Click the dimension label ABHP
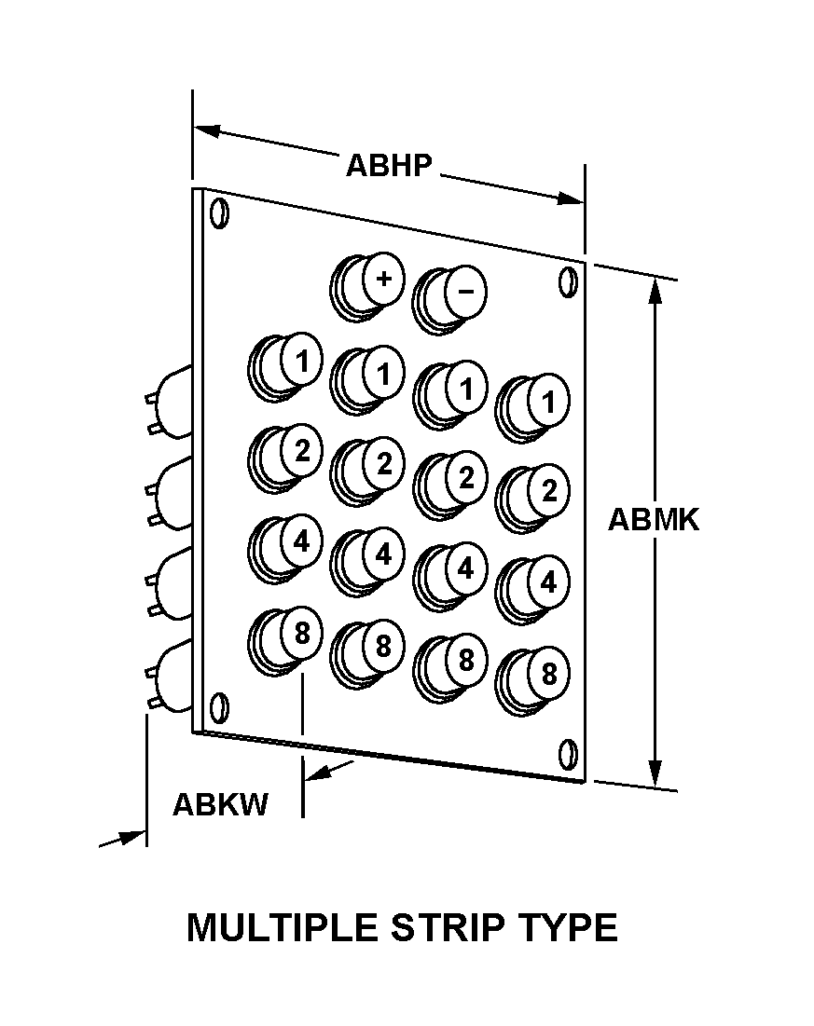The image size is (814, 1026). (389, 166)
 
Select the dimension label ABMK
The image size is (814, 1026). (654, 520)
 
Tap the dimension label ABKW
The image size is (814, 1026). (220, 804)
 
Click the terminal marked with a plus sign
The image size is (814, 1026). (367, 287)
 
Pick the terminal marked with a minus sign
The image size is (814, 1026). (449, 300)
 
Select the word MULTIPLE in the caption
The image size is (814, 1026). (283, 927)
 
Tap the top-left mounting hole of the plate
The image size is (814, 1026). (219, 213)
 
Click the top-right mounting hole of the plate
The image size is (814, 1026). (569, 282)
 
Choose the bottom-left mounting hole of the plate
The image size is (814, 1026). (219, 708)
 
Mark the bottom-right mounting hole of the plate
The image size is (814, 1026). (569, 754)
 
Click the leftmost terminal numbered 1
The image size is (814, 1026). (285, 367)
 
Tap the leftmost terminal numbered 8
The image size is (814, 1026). (285, 641)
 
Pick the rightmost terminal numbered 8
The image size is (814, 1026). (531, 681)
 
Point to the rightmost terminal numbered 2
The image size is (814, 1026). (531, 498)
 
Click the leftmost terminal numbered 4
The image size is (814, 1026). (285, 549)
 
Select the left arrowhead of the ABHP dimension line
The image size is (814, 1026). (207, 130)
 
